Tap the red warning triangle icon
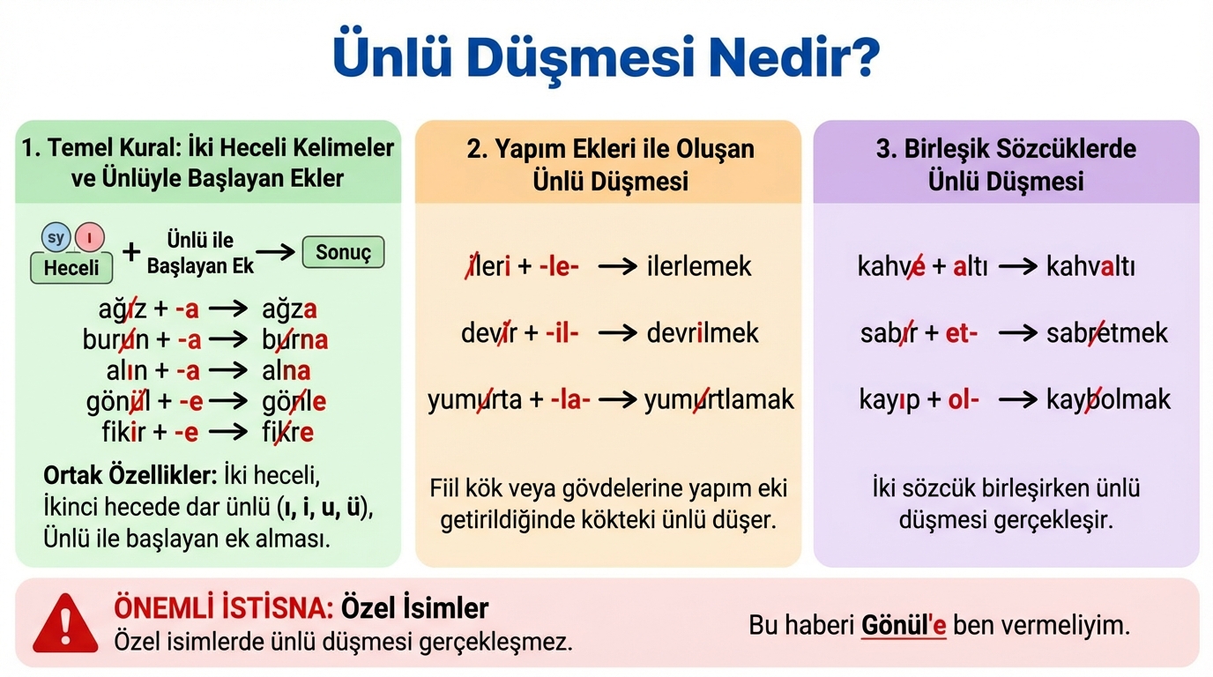click(x=65, y=623)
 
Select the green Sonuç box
click(x=343, y=252)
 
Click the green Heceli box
click(x=71, y=268)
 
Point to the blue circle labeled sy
click(x=56, y=237)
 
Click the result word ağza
click(x=289, y=309)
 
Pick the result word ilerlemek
click(x=698, y=266)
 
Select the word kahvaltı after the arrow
click(x=1090, y=266)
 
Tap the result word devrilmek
click(x=703, y=332)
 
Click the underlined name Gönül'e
click(x=904, y=626)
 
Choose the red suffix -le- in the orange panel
click(x=559, y=266)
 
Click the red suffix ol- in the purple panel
click(x=964, y=399)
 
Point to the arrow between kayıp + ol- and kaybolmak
click(x=1017, y=400)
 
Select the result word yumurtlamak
click(x=719, y=400)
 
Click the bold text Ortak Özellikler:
click(x=130, y=475)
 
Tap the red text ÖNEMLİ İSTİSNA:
click(x=223, y=608)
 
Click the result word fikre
click(x=287, y=433)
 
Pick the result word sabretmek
click(x=1107, y=332)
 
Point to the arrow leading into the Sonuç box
click(x=275, y=252)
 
